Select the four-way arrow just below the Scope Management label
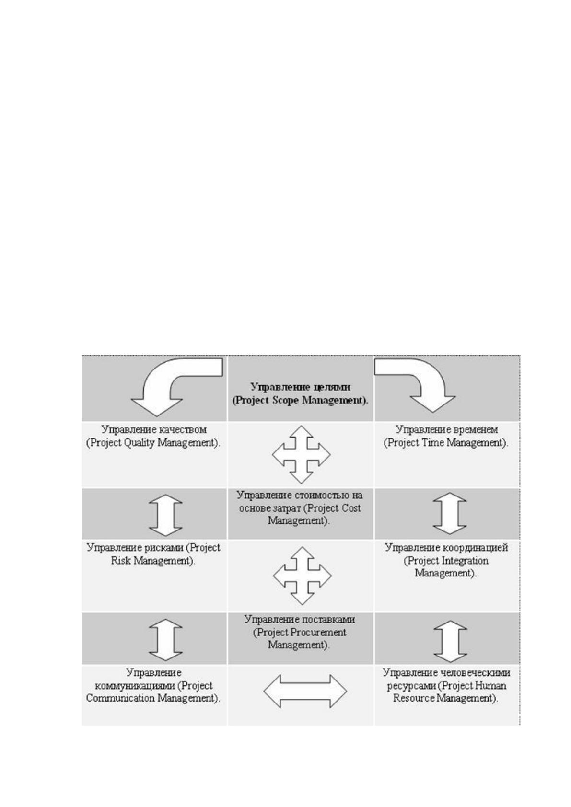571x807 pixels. coord(301,454)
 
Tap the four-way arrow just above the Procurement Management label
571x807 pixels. coord(302,576)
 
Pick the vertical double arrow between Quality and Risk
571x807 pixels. coord(165,515)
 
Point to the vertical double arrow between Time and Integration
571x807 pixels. coord(450,513)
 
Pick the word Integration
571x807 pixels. coord(465,561)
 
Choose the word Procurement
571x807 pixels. coord(318,632)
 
